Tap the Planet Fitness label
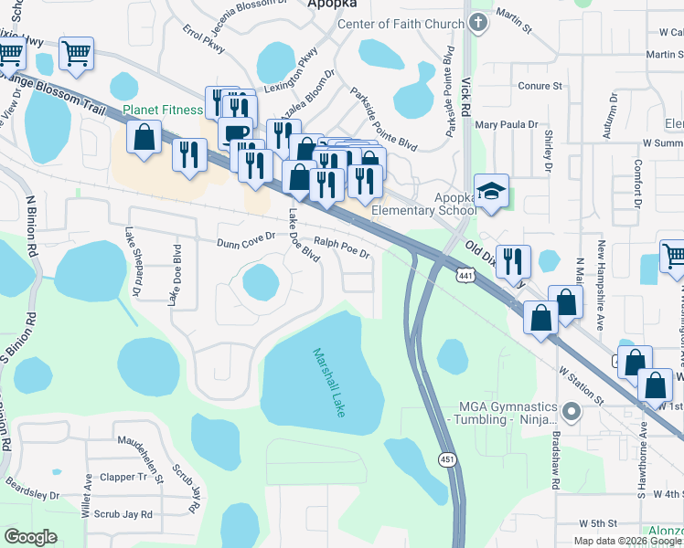point(163,111)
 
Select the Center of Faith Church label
point(401,23)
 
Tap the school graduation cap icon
point(492,190)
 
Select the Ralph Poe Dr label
point(341,248)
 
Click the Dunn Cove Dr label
point(246,243)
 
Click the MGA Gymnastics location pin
point(572,412)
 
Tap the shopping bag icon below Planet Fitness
point(144,138)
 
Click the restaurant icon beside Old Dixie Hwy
point(513,260)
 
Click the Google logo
point(31,537)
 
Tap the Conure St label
point(540,86)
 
